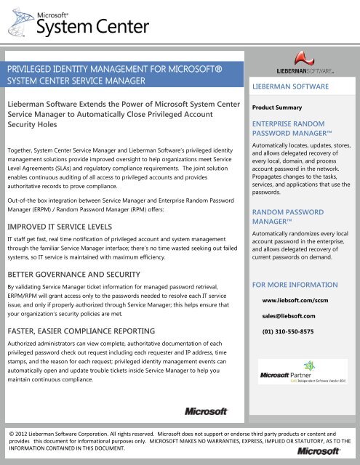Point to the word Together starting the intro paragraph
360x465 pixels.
[x=23, y=148]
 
